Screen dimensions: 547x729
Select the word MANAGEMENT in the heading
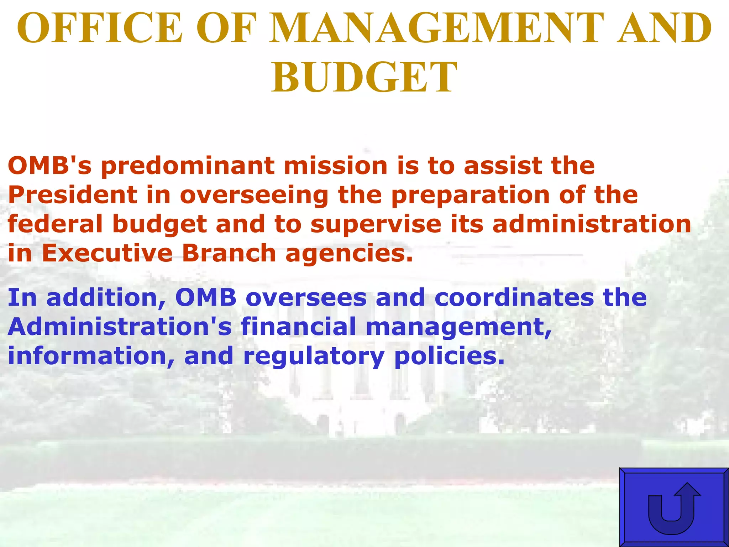tap(436, 28)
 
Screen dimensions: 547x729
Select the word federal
tap(55, 224)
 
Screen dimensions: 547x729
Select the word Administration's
tap(120, 327)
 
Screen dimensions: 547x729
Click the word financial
tap(298, 327)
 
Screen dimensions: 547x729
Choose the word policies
tap(449, 356)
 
